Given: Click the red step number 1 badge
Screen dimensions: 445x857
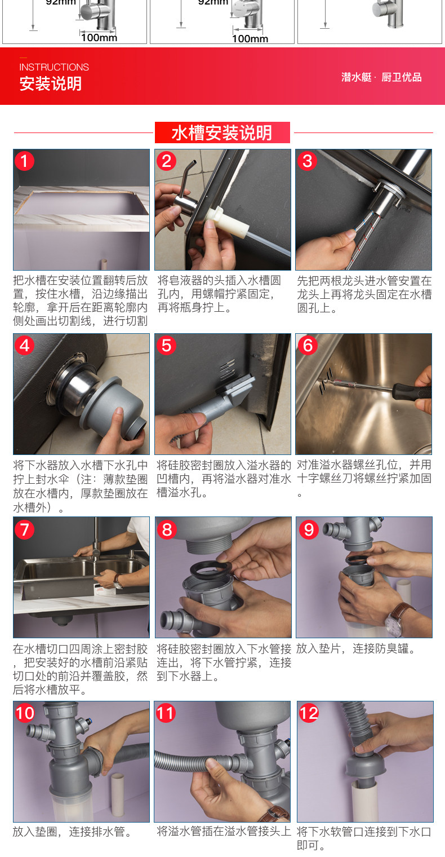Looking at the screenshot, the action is click(x=24, y=161).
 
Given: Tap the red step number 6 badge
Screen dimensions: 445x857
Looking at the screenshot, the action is click(x=308, y=346).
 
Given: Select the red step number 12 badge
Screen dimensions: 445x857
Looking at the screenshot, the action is click(x=309, y=714).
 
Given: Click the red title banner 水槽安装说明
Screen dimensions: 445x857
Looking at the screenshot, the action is click(x=222, y=132).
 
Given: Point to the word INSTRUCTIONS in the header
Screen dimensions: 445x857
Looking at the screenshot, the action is click(x=54, y=67).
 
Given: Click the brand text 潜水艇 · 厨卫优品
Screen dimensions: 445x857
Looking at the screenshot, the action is click(x=381, y=77).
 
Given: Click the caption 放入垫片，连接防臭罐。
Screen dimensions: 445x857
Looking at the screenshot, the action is click(x=357, y=649).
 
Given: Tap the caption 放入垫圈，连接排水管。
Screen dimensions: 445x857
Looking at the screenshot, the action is click(x=73, y=832).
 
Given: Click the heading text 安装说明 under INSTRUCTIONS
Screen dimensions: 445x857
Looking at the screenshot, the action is click(x=51, y=83).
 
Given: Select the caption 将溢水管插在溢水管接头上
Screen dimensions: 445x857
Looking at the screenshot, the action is click(x=224, y=831).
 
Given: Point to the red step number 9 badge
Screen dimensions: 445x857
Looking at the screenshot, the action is click(x=309, y=530).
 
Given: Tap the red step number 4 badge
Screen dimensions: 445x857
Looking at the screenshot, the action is click(x=24, y=346).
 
